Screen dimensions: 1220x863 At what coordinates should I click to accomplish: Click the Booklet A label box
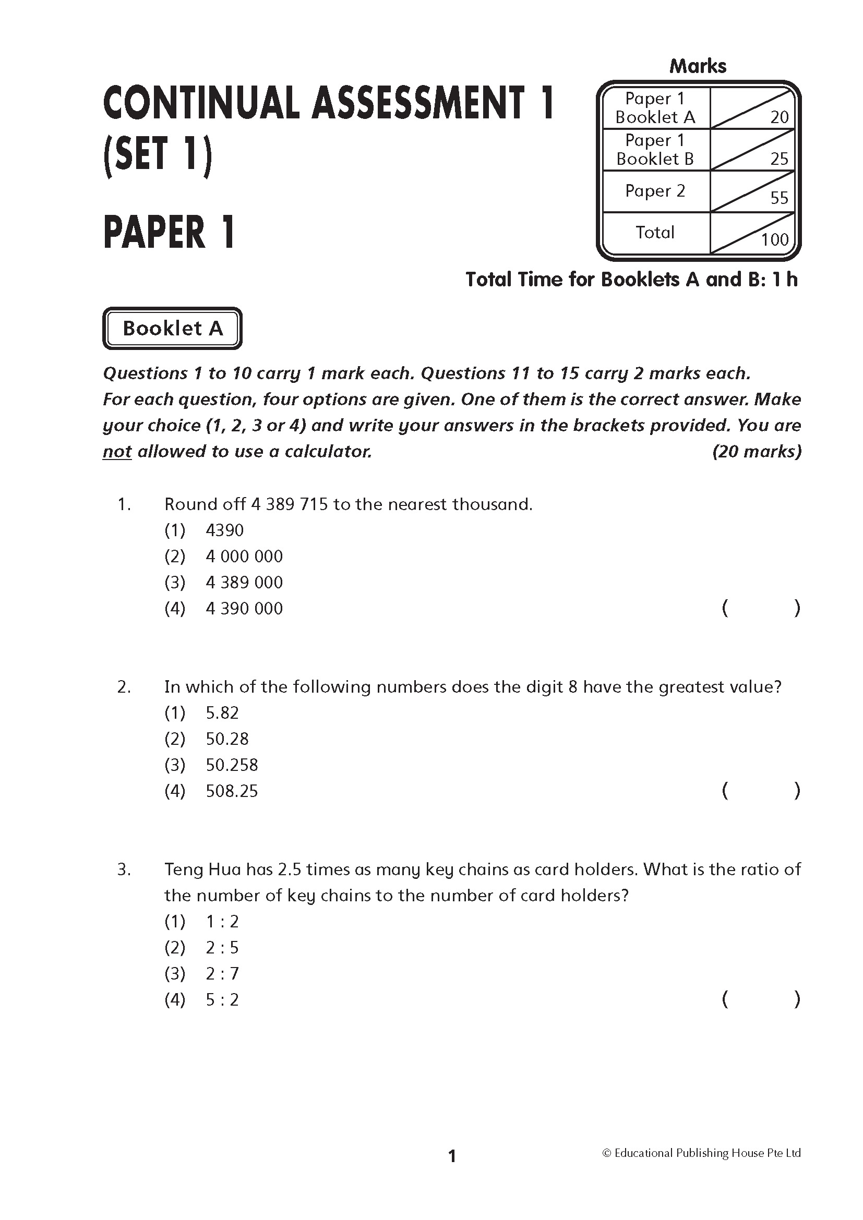pyautogui.click(x=172, y=329)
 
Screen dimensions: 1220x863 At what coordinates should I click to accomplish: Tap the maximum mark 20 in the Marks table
pyautogui.click(x=779, y=117)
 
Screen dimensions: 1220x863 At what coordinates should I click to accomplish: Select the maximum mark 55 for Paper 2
pyautogui.click(x=779, y=198)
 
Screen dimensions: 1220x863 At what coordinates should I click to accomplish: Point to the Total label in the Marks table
pyautogui.click(x=655, y=232)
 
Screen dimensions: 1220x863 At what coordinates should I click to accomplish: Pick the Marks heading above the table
pyautogui.click(x=698, y=66)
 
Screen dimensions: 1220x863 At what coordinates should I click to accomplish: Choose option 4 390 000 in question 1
pyautogui.click(x=244, y=608)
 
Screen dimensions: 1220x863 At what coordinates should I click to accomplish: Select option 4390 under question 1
pyautogui.click(x=225, y=530)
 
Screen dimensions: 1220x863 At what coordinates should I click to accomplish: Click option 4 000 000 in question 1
pyautogui.click(x=244, y=557)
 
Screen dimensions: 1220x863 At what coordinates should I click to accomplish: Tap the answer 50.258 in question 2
pyautogui.click(x=232, y=765)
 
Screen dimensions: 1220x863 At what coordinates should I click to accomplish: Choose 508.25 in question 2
pyautogui.click(x=232, y=791)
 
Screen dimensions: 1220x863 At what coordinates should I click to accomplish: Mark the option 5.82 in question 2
pyautogui.click(x=222, y=713)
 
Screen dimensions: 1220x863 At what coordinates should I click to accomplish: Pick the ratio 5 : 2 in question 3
pyautogui.click(x=222, y=1000)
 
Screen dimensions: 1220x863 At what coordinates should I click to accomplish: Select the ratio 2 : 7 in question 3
pyautogui.click(x=222, y=974)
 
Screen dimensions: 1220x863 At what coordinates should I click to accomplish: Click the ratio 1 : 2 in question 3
pyautogui.click(x=222, y=922)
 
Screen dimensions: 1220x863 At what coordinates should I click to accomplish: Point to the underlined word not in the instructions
pyautogui.click(x=117, y=452)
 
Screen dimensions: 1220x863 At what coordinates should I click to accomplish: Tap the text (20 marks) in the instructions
pyautogui.click(x=756, y=452)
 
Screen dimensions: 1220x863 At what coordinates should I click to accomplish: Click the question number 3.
pyautogui.click(x=123, y=870)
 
